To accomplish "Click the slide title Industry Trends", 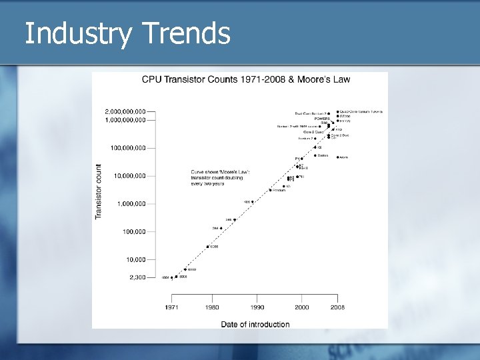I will coord(127,33).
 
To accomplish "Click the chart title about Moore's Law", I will coord(246,79).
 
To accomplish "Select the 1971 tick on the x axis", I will coord(171,307).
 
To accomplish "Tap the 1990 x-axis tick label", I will coord(257,307).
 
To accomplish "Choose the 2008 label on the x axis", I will coord(338,307).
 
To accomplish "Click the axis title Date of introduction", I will coord(255,325).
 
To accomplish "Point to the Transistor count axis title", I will coord(99,191).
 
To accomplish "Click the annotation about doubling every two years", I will coord(219,177).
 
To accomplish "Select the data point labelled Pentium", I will coord(269,190).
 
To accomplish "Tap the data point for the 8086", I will coord(207,247).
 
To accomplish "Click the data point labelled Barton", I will coord(315,155).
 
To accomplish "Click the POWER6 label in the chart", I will coord(323,118).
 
